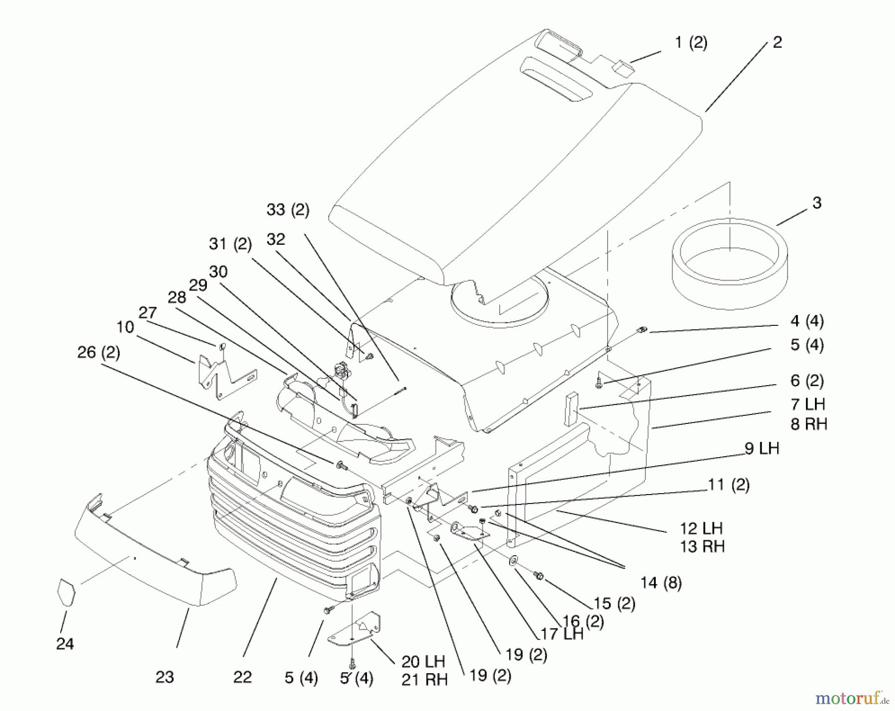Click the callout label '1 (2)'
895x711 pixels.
point(691,43)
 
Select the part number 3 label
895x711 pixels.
point(817,203)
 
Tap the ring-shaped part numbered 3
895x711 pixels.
point(729,264)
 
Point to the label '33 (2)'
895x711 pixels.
point(288,210)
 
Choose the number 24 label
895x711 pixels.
point(65,644)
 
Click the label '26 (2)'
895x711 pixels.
point(98,353)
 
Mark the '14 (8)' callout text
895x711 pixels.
point(661,583)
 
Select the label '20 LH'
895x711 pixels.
point(423,662)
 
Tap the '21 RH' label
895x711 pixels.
point(424,680)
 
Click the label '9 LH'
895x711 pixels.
point(762,448)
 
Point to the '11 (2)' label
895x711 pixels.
point(728,485)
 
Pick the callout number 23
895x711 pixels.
point(165,677)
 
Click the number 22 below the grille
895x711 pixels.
point(243,677)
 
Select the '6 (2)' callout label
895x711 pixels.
point(807,381)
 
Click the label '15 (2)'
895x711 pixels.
point(615,604)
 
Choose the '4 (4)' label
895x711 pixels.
point(807,321)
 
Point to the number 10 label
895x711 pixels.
point(125,327)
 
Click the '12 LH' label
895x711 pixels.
point(701,528)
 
